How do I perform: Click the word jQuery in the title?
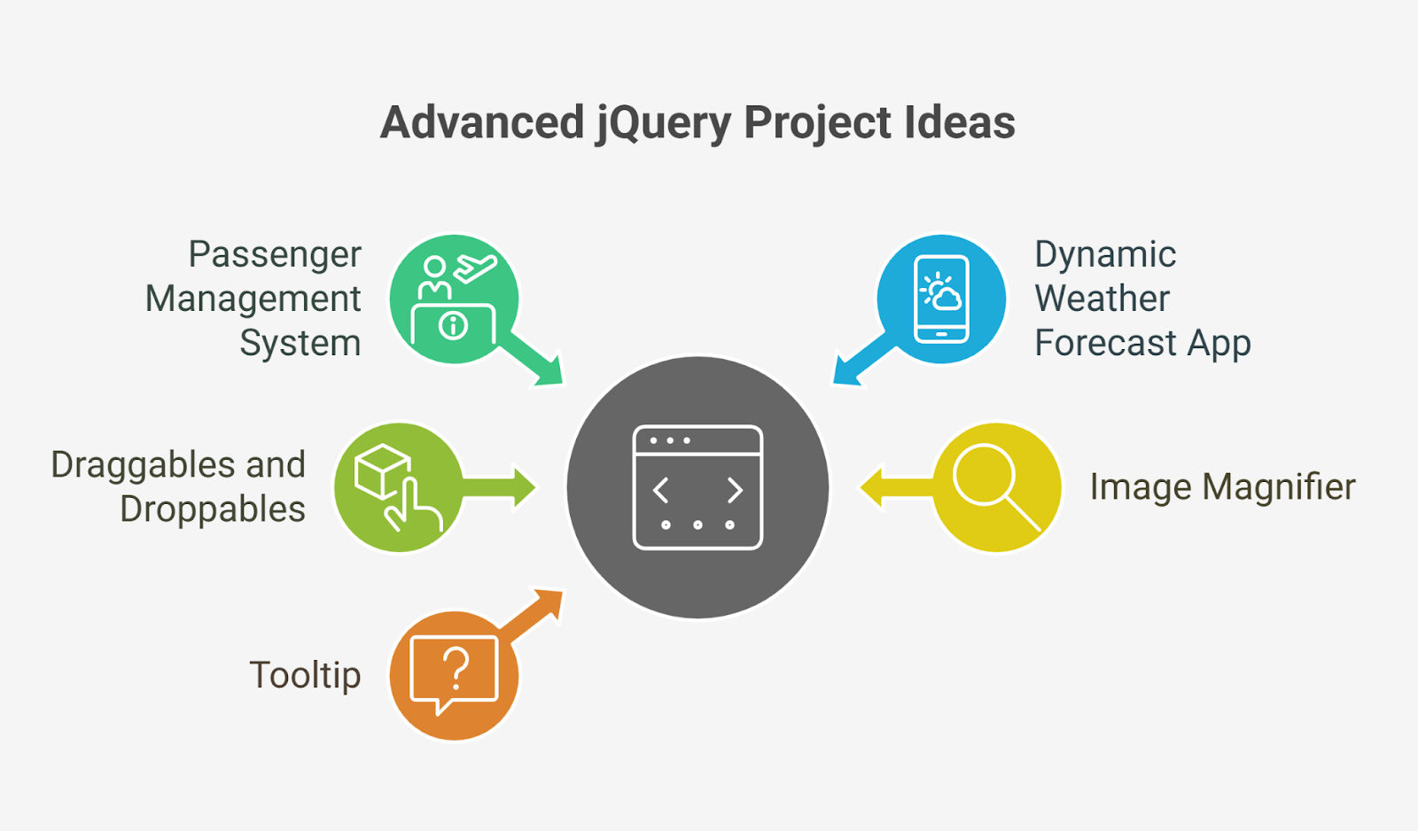(663, 123)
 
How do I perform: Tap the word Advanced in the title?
(482, 123)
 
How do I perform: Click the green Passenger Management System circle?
(454, 299)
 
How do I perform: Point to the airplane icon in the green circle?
(476, 267)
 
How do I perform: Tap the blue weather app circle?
(941, 299)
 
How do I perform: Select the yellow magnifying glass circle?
(997, 486)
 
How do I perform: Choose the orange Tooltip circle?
(454, 675)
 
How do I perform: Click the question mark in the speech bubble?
(456, 669)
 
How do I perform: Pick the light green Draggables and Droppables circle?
(399, 486)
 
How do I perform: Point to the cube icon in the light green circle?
(381, 470)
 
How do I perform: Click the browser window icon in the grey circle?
(697, 487)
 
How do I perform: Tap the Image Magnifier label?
(1222, 486)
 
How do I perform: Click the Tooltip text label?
(305, 675)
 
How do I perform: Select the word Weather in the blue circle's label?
(1102, 299)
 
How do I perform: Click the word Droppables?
(213, 509)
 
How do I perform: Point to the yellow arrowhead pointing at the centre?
(872, 487)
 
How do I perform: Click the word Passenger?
(275, 254)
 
